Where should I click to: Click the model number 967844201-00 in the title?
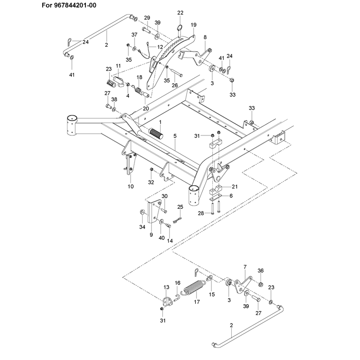[x=75, y=5]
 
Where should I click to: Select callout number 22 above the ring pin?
[x=180, y=13]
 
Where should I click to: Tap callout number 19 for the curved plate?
[x=193, y=25]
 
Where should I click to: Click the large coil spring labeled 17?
[x=193, y=288]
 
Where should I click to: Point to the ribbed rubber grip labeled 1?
[x=156, y=133]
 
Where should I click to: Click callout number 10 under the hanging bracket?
[x=130, y=186]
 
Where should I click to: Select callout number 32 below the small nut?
[x=151, y=182]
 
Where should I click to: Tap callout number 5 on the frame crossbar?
[x=175, y=136]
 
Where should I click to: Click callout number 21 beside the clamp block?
[x=234, y=187]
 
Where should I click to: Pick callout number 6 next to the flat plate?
[x=231, y=196]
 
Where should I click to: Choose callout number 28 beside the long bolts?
[x=201, y=213]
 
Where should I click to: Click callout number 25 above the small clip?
[x=180, y=207]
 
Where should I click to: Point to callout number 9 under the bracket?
[x=151, y=235]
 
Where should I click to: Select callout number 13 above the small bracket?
[x=166, y=287]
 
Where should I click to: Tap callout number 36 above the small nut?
[x=261, y=271]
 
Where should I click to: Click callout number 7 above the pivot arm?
[x=245, y=267]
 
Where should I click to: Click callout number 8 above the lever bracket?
[x=205, y=37]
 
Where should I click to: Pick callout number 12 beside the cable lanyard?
[x=160, y=47]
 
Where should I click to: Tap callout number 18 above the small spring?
[x=139, y=77]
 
